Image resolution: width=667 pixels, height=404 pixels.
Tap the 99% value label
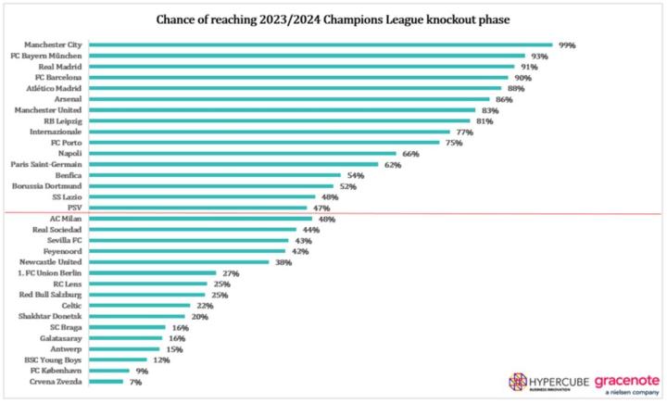[x=567, y=44]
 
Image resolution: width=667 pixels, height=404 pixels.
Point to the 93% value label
[x=539, y=56]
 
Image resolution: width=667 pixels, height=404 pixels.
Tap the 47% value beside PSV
[x=321, y=208]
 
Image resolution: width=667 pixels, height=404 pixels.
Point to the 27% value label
[x=232, y=273]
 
